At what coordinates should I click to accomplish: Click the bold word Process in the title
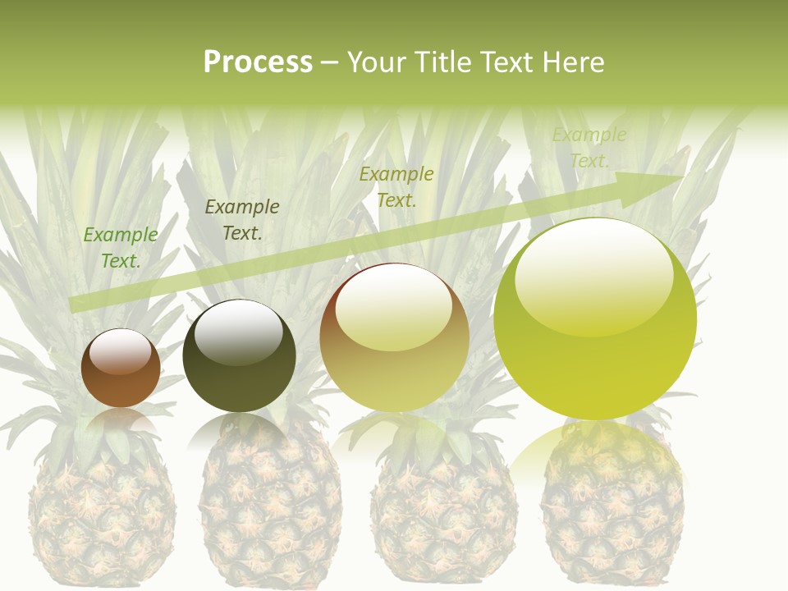[x=258, y=62]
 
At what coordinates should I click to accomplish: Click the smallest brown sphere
[x=121, y=369]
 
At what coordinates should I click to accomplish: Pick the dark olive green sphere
[x=239, y=355]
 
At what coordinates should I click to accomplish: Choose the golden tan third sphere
[x=394, y=337]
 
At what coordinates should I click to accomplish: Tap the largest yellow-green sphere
[x=595, y=319]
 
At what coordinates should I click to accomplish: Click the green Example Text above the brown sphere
[x=121, y=248]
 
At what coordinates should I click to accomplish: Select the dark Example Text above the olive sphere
[x=242, y=220]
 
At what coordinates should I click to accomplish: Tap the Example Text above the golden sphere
[x=396, y=186]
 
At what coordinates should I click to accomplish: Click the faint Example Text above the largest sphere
[x=589, y=148]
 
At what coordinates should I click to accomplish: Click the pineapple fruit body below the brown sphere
[x=103, y=517]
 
